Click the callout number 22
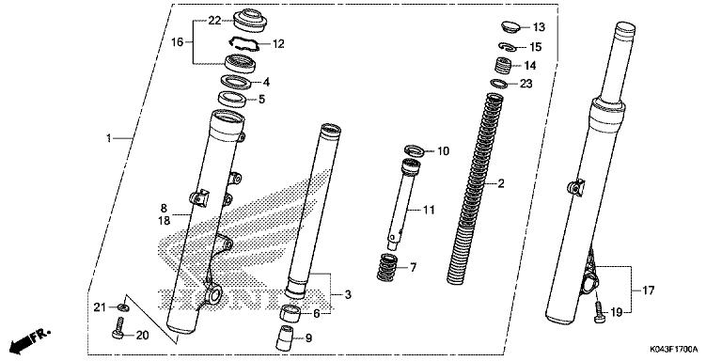[214, 20]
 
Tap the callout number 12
[278, 43]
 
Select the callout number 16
[175, 41]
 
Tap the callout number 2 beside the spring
[502, 183]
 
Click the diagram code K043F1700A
[673, 350]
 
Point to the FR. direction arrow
[28, 337]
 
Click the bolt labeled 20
[118, 331]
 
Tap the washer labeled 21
[124, 306]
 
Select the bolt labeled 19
[598, 314]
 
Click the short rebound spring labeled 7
[386, 267]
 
